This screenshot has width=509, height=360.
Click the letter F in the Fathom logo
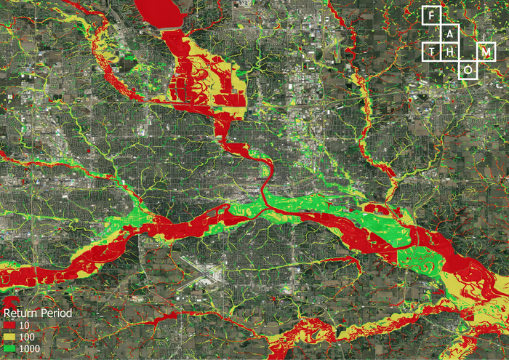click(432, 15)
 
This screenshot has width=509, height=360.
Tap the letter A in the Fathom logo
click(450, 33)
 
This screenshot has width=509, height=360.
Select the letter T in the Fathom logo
click(432, 52)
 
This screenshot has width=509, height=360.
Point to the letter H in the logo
click(450, 52)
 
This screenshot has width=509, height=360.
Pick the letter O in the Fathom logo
click(468, 70)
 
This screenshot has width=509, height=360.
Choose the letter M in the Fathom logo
click(486, 52)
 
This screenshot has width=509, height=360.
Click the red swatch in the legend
click(9, 325)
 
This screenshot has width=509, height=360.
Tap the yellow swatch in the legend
click(9, 337)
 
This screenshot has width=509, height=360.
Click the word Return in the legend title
click(20, 313)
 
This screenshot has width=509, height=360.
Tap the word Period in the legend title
click(56, 313)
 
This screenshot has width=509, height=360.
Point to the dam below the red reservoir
click(169, 28)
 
